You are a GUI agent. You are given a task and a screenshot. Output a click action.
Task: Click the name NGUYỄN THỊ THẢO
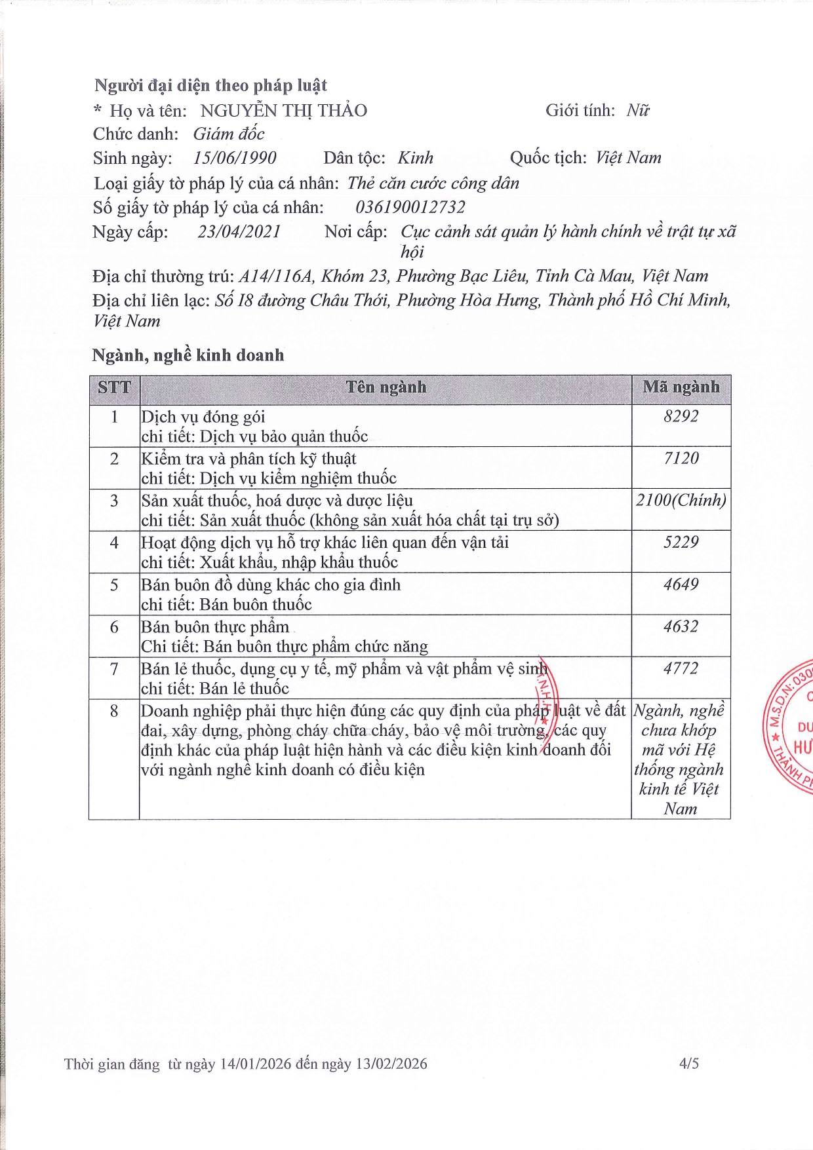tap(283, 111)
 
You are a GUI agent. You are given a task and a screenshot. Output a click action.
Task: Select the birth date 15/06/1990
tap(235, 158)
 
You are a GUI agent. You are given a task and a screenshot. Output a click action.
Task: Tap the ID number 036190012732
tap(410, 208)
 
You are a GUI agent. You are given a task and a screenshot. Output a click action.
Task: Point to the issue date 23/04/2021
tap(239, 232)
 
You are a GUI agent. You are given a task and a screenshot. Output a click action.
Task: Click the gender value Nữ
tap(637, 111)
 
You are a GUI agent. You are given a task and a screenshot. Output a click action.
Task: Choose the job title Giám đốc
tap(229, 134)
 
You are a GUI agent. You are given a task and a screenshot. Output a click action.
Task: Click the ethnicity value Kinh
tap(416, 158)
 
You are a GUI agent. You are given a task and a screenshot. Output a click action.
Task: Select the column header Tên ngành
tap(386, 387)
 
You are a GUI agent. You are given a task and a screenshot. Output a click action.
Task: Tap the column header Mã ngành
tap(681, 387)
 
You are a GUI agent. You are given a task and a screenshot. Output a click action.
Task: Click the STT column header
tap(114, 387)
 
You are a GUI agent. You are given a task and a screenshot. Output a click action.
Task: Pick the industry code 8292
tap(681, 417)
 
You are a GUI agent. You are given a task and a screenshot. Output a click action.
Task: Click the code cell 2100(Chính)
tap(681, 501)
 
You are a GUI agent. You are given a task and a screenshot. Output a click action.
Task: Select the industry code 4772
tap(681, 669)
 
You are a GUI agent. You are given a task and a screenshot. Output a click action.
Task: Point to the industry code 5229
tap(681, 543)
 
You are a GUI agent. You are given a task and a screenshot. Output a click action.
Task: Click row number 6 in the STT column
tap(114, 627)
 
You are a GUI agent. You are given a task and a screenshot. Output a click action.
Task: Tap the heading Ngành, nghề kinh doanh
tap(188, 355)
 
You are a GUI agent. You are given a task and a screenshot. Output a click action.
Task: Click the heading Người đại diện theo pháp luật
tap(210, 86)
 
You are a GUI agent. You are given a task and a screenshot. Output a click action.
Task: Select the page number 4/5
tap(689, 1064)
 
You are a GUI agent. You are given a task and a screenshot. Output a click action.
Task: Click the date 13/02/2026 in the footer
tap(391, 1064)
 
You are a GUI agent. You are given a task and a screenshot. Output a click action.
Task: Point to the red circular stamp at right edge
tap(791, 727)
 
